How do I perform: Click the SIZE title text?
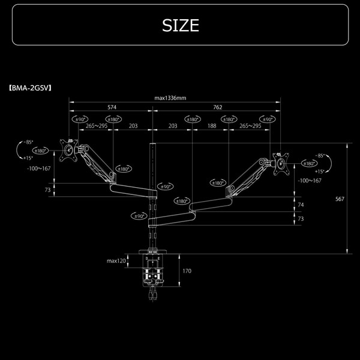tap(180, 25)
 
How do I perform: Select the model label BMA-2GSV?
tap(31, 87)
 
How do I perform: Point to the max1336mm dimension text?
tap(170, 98)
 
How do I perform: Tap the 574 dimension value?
tap(112, 108)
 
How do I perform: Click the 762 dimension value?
tap(217, 108)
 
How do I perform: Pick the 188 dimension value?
tap(212, 126)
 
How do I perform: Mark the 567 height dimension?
tap(340, 199)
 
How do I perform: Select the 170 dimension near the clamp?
tap(187, 271)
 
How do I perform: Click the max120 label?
tap(116, 261)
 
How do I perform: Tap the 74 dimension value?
tap(301, 205)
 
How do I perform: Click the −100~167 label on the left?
tap(38, 169)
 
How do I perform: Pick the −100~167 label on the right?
tap(310, 180)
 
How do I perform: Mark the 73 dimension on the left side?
tap(47, 190)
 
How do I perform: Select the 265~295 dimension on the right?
tap(250, 126)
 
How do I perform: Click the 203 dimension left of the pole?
tap(133, 126)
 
